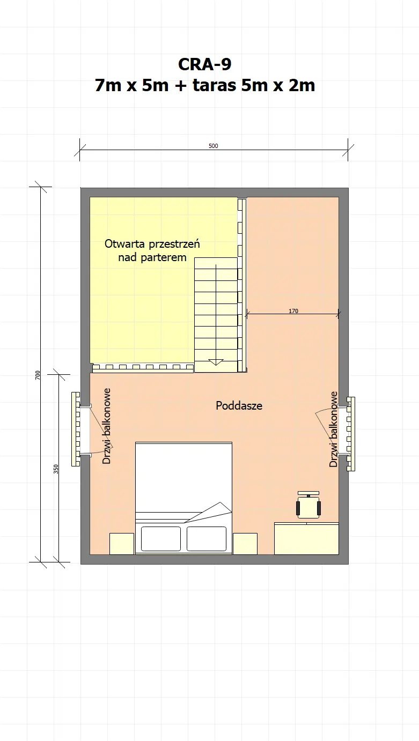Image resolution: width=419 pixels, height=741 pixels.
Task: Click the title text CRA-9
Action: click(205, 64)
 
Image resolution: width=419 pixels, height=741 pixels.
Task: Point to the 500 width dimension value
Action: click(214, 146)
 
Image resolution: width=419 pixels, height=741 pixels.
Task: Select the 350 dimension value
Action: click(56, 469)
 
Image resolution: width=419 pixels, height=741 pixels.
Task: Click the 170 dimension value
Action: click(293, 310)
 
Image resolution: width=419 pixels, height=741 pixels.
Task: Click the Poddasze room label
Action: click(239, 406)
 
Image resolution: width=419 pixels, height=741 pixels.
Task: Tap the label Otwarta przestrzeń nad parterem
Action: click(152, 250)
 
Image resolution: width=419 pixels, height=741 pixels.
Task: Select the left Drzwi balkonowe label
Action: click(107, 426)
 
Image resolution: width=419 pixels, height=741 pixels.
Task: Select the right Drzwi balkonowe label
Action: click(333, 429)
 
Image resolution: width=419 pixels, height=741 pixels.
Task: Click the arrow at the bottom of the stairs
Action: click(216, 362)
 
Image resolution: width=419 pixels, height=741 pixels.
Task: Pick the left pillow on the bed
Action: click(161, 538)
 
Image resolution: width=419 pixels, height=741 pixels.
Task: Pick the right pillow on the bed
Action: click(207, 538)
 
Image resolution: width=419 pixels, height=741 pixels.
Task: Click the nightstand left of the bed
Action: click(122, 544)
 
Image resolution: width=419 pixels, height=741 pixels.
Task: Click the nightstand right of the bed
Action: click(245, 544)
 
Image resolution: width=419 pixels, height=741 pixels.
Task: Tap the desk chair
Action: click(308, 506)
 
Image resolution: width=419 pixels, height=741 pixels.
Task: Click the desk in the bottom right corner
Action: click(306, 539)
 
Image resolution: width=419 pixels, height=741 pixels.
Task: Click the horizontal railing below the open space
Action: click(142, 368)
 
